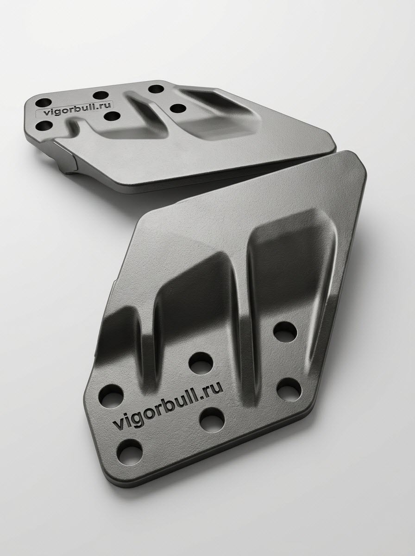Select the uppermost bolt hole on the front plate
click(x=285, y=331)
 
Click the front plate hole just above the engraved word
click(x=201, y=363)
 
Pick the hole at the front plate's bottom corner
click(x=130, y=457)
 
